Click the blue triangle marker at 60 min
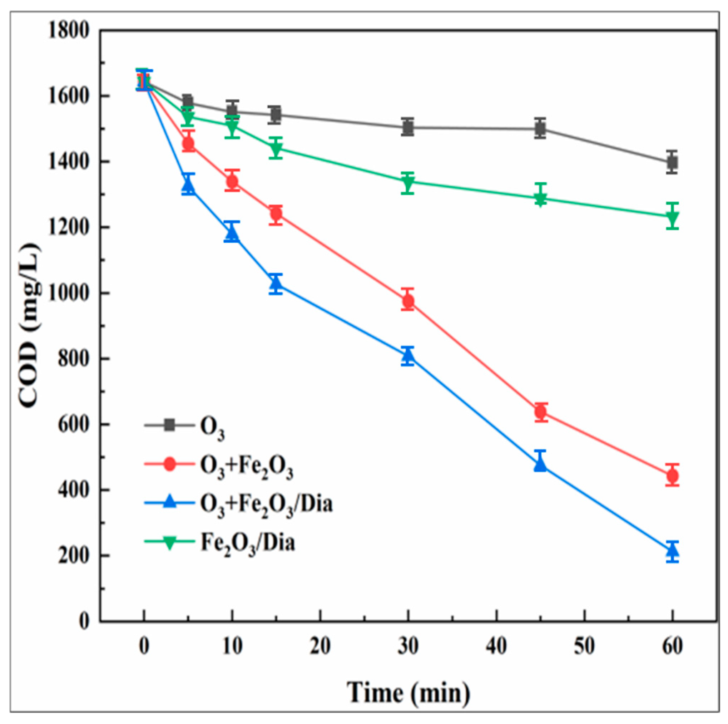(672, 551)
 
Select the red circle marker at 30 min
(408, 301)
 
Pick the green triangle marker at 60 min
(672, 217)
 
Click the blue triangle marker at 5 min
(188, 186)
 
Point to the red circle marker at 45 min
(540, 412)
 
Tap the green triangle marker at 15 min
(276, 149)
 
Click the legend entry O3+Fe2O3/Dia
(266, 504)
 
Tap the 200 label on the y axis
(74, 556)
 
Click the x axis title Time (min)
(408, 692)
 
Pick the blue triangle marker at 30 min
(408, 355)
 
